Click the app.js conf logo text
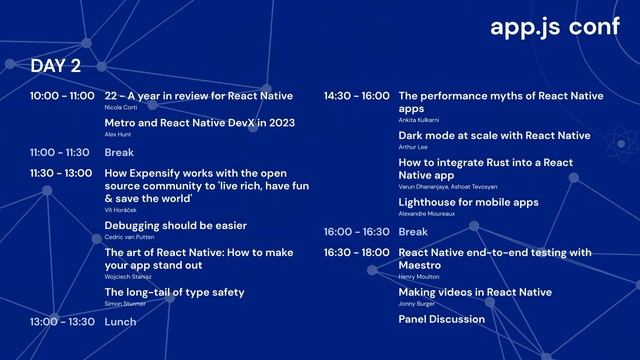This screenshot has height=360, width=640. click(x=555, y=27)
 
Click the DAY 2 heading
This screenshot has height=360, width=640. click(x=56, y=66)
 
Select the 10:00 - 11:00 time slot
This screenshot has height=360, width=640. click(x=62, y=96)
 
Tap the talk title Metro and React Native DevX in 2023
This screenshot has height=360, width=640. click(x=199, y=123)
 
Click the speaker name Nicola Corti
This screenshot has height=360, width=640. click(x=121, y=107)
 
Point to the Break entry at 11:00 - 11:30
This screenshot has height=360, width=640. click(x=119, y=153)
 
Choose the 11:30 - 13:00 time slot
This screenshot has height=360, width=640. click(x=62, y=173)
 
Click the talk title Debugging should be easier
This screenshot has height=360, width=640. click(x=175, y=226)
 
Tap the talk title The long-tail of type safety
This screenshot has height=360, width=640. click(x=174, y=292)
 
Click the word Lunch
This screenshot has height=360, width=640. click(x=120, y=322)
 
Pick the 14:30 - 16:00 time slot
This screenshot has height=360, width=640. click(x=356, y=96)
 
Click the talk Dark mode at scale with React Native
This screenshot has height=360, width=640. click(x=494, y=135)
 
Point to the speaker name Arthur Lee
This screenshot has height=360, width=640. click(x=413, y=147)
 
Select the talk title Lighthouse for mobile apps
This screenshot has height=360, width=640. click(x=468, y=202)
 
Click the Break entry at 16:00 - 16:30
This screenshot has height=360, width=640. click(x=413, y=232)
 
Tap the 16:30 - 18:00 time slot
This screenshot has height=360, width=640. click(x=356, y=252)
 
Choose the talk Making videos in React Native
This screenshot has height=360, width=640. click(x=474, y=292)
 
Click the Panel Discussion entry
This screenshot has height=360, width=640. click(x=441, y=320)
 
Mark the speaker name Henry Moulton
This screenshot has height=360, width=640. click(x=418, y=277)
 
